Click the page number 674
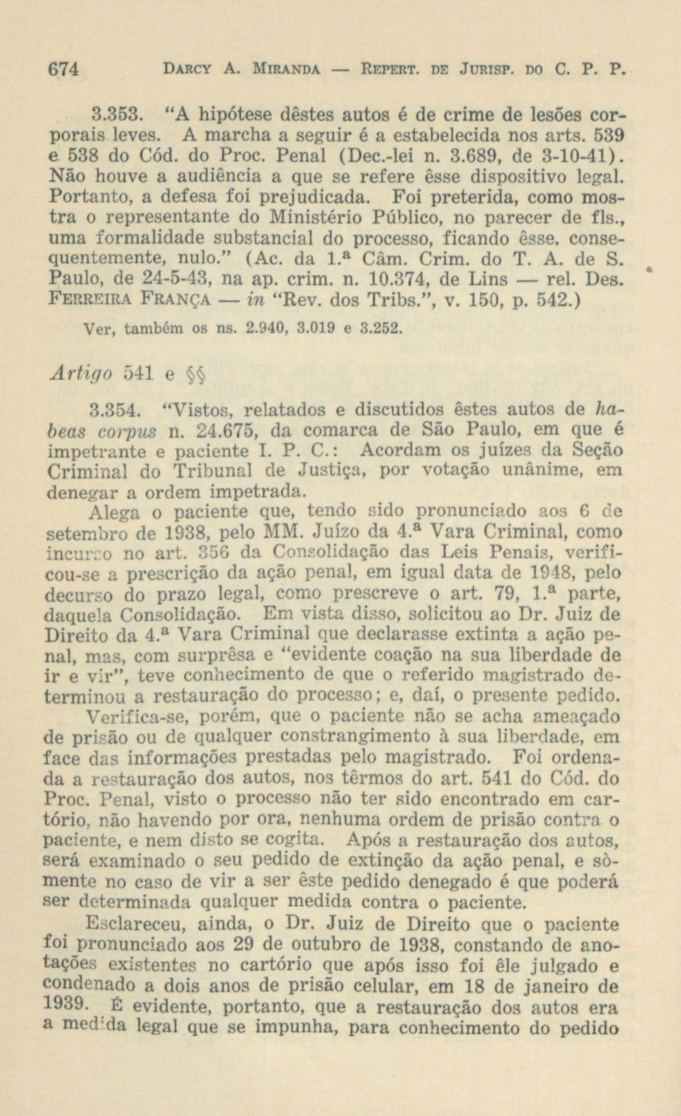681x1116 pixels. [x=63, y=70]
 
